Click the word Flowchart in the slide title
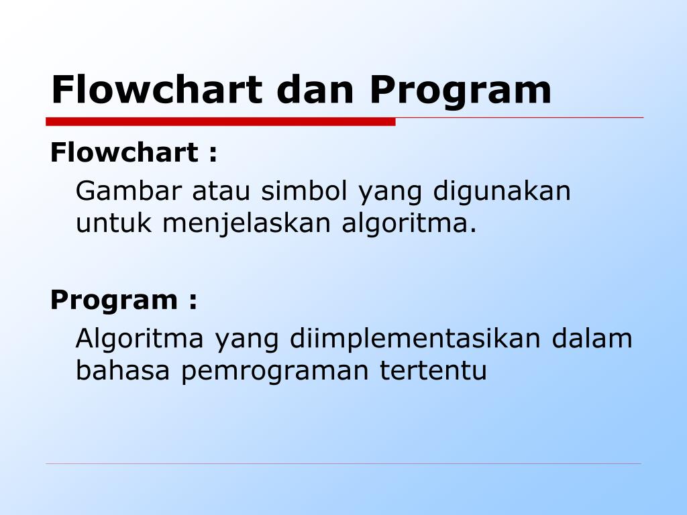(156, 90)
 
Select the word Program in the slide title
(460, 91)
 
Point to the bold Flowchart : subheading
(134, 153)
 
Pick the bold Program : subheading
(124, 300)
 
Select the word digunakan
(501, 192)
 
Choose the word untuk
(113, 223)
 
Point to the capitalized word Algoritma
(139, 339)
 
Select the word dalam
(592, 338)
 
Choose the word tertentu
(433, 370)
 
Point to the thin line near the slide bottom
(343, 463)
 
